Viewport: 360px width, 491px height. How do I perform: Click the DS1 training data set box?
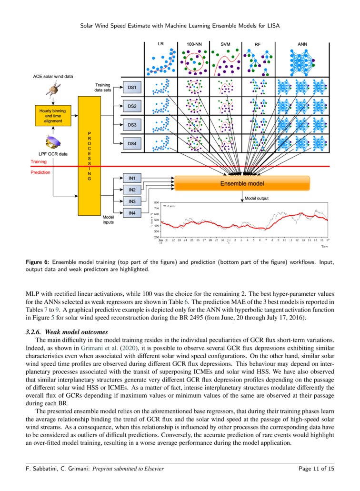pos(132,88)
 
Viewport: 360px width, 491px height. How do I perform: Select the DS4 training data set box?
pos(132,143)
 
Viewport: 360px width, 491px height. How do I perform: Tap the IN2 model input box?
pos(132,190)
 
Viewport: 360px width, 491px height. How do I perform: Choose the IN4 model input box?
pos(132,213)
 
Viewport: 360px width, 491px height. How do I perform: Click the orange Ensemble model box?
pos(242,183)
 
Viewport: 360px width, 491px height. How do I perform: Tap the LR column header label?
pos(161,44)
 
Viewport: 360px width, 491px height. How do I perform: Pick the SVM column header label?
pos(225,44)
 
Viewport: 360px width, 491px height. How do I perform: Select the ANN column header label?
pos(302,44)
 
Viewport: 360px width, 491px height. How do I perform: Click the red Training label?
pos(39,162)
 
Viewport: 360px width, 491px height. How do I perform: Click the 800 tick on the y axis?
pos(156,203)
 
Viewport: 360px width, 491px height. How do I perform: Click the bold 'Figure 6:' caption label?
pos(37,262)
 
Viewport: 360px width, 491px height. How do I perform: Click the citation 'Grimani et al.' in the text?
pos(97,348)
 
